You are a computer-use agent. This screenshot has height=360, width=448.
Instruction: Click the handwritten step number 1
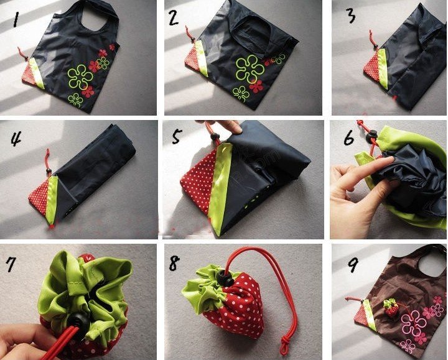(x=17, y=19)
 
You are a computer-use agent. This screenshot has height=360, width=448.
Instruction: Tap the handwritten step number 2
(x=174, y=17)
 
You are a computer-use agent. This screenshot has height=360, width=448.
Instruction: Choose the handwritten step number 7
(x=11, y=264)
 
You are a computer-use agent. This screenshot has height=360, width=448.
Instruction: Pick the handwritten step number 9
(x=353, y=265)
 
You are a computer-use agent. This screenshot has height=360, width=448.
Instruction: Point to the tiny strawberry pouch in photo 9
(x=391, y=308)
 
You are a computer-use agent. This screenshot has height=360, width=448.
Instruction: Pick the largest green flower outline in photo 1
(x=80, y=76)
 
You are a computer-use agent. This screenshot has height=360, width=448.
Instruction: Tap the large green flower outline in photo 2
(x=250, y=69)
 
